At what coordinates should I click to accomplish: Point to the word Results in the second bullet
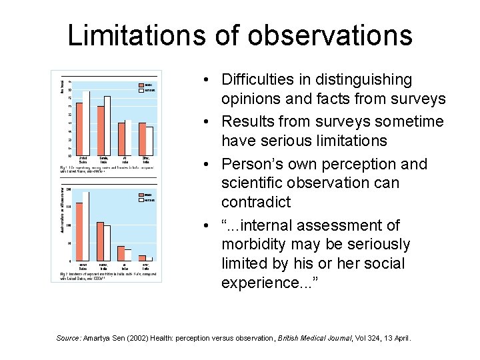coord(247,121)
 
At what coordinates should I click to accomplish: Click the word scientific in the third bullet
coord(253,182)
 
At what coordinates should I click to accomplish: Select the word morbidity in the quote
coord(255,245)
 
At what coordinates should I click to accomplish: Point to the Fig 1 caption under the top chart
coord(106,169)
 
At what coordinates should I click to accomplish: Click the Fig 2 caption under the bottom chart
coord(106,276)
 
